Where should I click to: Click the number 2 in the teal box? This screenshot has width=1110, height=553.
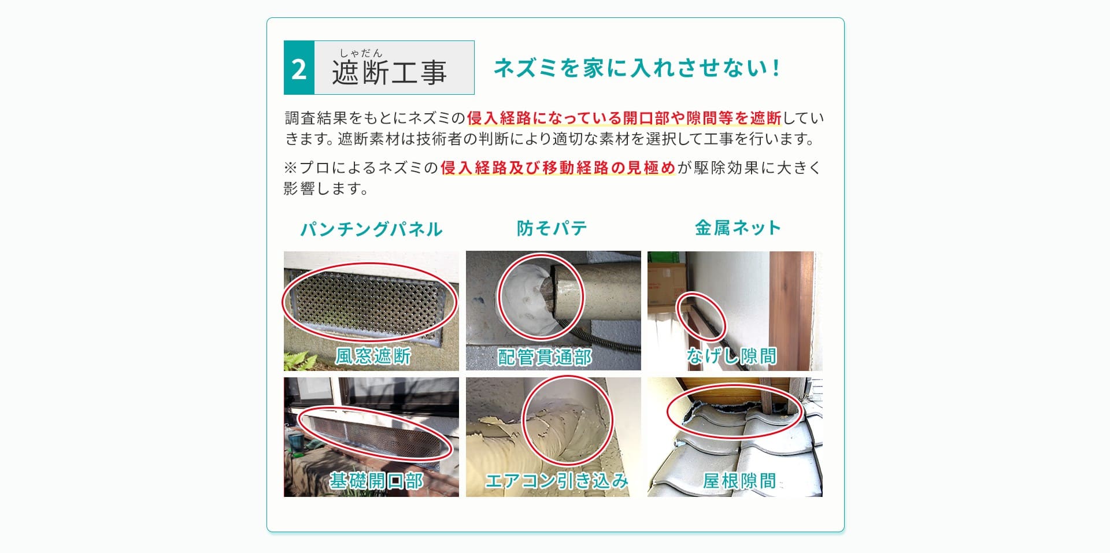tap(299, 69)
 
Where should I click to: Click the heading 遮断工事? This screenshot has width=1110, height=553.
tap(389, 73)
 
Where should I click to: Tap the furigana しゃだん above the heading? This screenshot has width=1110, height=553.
tap(361, 53)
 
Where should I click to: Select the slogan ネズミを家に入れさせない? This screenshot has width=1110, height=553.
tap(637, 68)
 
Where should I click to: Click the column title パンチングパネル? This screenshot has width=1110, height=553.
tap(371, 229)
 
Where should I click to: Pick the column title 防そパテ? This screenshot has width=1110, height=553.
tap(552, 228)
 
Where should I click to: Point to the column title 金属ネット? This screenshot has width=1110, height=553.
tap(738, 228)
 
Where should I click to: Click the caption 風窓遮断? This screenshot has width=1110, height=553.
tap(373, 356)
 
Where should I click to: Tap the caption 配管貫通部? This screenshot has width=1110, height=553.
tap(545, 357)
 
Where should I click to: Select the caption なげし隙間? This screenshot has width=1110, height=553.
tap(731, 356)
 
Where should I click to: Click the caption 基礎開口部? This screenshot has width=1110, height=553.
tap(376, 481)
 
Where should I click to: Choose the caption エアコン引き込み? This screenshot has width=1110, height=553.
tap(556, 481)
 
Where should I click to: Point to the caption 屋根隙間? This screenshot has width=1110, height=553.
tap(739, 481)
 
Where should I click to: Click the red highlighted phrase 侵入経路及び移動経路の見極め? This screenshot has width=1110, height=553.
tap(557, 168)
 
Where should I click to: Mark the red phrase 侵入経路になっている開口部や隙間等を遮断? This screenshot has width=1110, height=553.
tap(624, 118)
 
